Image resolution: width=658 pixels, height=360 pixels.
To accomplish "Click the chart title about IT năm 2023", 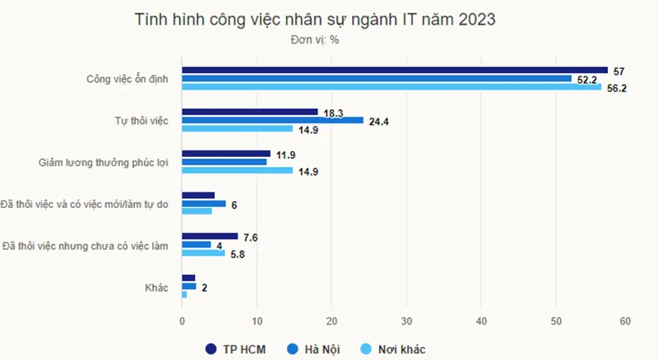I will coord(315,20).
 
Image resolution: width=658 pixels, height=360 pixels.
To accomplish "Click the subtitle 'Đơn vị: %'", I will coord(315,39).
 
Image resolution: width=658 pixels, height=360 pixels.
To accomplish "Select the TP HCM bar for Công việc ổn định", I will coord(395,70).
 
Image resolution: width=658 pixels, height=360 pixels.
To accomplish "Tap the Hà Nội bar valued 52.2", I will coord(377,79).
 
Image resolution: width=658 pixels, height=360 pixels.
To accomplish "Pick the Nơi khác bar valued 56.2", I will coord(392,87).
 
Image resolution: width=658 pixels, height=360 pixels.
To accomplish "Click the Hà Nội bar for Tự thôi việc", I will coord(272,120).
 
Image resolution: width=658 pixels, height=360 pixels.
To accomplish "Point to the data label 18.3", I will coord(333,112).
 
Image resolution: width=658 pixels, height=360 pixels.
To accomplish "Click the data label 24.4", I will coord(379,121).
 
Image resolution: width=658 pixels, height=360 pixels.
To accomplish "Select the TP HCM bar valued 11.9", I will coord(226,154).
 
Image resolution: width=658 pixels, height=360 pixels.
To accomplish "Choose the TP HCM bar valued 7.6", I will coord(210,236).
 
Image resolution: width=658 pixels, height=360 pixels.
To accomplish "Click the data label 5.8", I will coord(238,254).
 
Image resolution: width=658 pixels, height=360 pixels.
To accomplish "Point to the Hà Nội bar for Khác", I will coord(189,286).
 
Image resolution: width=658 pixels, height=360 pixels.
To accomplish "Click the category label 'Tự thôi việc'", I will coord(141,121).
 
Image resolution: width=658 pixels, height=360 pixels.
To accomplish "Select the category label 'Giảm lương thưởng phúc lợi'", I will coord(104,162).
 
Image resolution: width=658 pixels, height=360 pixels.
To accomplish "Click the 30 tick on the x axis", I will coord(406,321).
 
